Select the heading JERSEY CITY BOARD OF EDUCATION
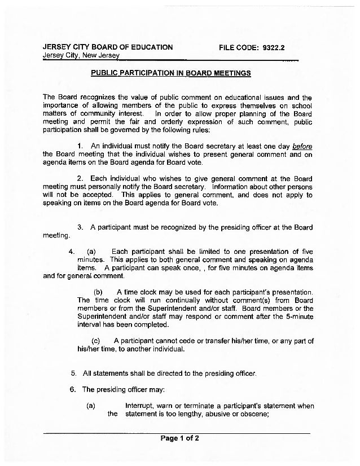point(108,47)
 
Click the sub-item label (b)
point(97,292)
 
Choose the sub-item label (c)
point(95,341)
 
